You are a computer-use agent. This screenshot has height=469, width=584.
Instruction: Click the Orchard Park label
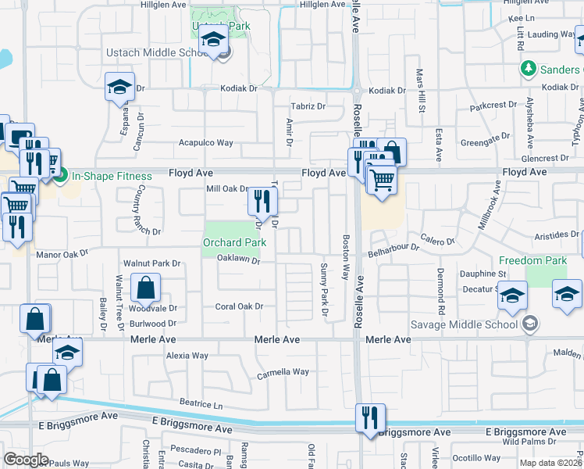tap(235, 242)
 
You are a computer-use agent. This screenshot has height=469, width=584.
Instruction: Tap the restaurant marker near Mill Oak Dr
tap(262, 202)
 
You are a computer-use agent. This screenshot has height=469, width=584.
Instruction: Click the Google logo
tap(26, 460)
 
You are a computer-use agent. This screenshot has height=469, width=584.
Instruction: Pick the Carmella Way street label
tap(283, 373)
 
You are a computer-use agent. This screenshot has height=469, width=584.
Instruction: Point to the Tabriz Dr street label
tap(308, 106)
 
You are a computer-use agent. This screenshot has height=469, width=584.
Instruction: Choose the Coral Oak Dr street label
tap(239, 306)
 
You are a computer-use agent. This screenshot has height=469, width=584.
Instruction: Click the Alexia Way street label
tap(187, 356)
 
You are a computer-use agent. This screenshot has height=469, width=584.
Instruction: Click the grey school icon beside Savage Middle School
tap(530, 324)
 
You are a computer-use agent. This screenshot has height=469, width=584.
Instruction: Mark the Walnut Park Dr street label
tap(151, 263)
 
